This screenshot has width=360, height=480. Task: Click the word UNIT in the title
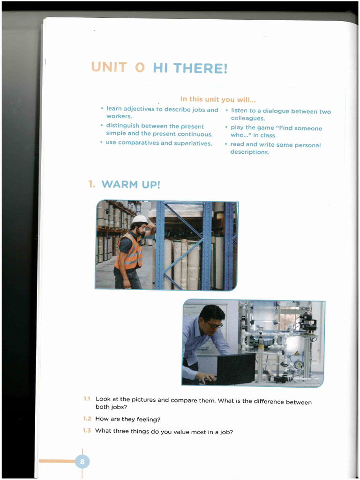[x=109, y=67]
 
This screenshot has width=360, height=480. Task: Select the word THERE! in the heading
[x=200, y=68]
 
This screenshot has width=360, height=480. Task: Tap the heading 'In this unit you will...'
[x=217, y=99]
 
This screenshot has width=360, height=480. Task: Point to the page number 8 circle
[x=82, y=462]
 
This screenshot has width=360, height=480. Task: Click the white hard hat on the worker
[x=139, y=219]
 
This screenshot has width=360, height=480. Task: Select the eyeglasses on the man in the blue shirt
[x=214, y=324]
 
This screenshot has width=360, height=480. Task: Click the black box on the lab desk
[x=236, y=368]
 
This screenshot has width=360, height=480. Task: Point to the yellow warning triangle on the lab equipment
[x=296, y=353]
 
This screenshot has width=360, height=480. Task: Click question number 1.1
[x=87, y=399]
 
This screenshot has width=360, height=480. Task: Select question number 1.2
[x=87, y=419]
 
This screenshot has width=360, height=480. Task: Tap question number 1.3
[x=87, y=430]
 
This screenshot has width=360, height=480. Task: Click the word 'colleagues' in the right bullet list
[x=247, y=119]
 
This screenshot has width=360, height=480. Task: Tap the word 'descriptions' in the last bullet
[x=249, y=152]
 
